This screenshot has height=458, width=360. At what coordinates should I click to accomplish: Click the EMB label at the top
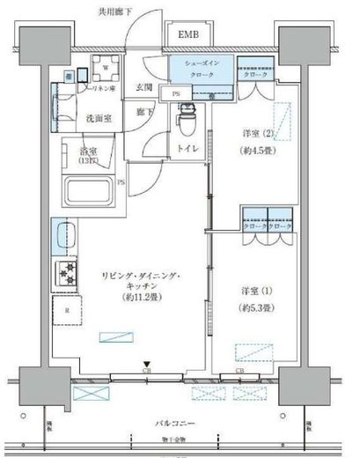[x=188, y=35]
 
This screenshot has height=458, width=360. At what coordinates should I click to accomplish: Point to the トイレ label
[x=187, y=149]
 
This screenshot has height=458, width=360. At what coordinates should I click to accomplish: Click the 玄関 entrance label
[x=144, y=87]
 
